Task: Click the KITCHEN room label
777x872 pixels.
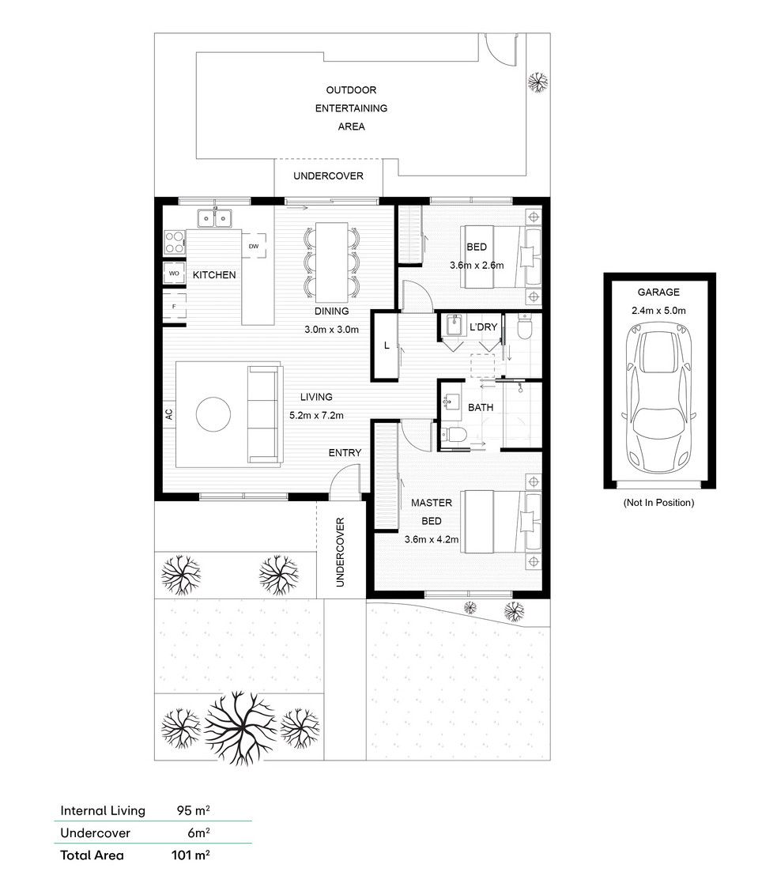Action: [x=214, y=275]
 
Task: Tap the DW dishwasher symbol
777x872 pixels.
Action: [x=254, y=246]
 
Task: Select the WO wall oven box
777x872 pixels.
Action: [x=174, y=273]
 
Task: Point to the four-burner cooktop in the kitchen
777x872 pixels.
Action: [x=175, y=243]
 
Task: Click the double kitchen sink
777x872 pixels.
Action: [x=214, y=218]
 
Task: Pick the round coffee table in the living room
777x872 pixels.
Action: [x=213, y=413]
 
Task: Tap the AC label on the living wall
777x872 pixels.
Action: [x=169, y=413]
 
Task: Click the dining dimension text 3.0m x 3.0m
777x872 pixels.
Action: [x=331, y=329]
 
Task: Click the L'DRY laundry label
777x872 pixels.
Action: [x=483, y=327]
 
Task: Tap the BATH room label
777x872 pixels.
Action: [x=481, y=408]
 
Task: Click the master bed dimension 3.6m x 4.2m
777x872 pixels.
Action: [x=432, y=539]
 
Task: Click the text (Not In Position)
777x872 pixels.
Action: [x=658, y=503]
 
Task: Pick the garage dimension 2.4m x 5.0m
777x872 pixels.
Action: [x=658, y=311]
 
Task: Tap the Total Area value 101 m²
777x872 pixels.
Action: [x=190, y=855]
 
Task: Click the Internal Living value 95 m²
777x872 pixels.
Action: [x=193, y=810]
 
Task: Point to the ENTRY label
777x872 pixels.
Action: [x=345, y=453]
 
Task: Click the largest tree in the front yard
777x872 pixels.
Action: [x=240, y=727]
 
